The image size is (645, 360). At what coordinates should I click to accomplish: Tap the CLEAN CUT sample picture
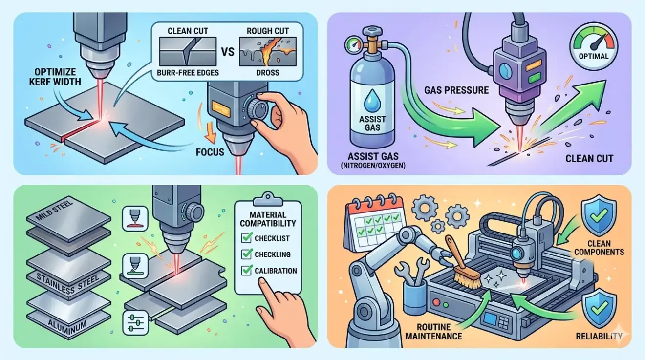point(188,51)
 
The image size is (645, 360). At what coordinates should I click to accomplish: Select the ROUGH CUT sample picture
point(268,51)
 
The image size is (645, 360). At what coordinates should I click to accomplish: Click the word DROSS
point(268,72)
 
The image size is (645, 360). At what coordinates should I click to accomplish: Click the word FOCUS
point(210,152)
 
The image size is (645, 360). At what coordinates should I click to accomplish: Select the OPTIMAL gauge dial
point(594,46)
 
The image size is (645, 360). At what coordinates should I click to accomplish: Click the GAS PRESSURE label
point(456,90)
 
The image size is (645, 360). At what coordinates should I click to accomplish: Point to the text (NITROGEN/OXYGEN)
point(373,166)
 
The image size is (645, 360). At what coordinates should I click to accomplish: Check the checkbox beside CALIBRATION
point(246,271)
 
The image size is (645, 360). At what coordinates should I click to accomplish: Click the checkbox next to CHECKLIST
point(246,238)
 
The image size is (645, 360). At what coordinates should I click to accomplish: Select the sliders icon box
point(135,322)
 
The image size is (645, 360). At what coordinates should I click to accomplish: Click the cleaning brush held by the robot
point(463,264)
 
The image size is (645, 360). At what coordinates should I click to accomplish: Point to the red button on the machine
point(436,302)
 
